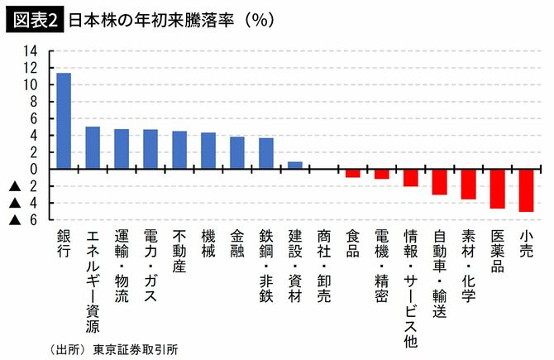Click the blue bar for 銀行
click(x=64, y=121)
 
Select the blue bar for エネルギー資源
click(x=93, y=147)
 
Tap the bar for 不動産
click(x=179, y=150)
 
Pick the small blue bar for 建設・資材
click(x=294, y=166)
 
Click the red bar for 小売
click(x=526, y=190)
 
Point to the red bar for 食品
click(x=352, y=173)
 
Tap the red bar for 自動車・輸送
click(x=439, y=181)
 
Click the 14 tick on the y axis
click(x=31, y=50)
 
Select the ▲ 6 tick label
click(x=23, y=220)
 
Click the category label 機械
click(x=208, y=246)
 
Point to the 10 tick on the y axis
click(x=31, y=84)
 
